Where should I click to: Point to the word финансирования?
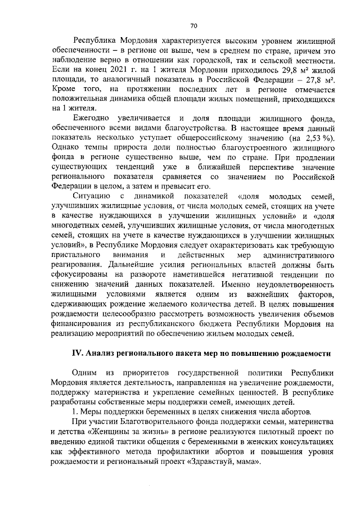coord(82,323)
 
